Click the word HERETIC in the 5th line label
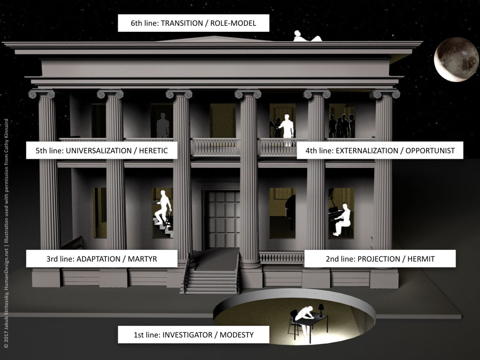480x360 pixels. pyautogui.click(x=153, y=150)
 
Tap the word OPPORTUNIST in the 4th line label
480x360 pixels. pyautogui.click(x=430, y=150)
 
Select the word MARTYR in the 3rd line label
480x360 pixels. pyautogui.click(x=142, y=259)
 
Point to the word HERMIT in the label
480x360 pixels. pyautogui.click(x=421, y=259)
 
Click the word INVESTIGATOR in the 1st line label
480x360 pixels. pyautogui.click(x=187, y=335)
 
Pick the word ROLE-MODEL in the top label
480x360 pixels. pyautogui.click(x=233, y=23)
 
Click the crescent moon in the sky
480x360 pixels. pyautogui.click(x=456, y=60)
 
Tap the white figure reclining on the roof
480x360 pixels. pyautogui.click(x=307, y=36)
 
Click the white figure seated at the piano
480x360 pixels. pyautogui.click(x=342, y=219)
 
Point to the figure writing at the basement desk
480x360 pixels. pyautogui.click(x=304, y=320)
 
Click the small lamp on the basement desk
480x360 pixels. pyautogui.click(x=321, y=310)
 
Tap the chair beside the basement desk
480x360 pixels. pyautogui.click(x=293, y=323)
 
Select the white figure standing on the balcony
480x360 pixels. pyautogui.click(x=287, y=130)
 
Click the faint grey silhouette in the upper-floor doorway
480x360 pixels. pyautogui.click(x=163, y=125)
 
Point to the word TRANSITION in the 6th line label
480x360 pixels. pyautogui.click(x=182, y=23)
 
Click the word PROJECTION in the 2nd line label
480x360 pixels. pyautogui.click(x=379, y=259)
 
